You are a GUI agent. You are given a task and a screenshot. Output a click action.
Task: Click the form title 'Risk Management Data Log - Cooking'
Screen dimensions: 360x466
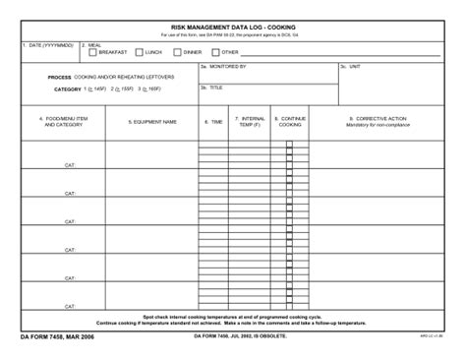233,27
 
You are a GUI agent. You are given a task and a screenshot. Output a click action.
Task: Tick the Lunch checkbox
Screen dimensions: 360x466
139,52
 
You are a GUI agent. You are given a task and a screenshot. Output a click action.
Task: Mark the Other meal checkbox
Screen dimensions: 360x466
215,52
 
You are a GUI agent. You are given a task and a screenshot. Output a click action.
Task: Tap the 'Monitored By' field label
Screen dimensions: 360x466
224,68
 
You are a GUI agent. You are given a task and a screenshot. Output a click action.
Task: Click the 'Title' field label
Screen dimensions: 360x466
215,88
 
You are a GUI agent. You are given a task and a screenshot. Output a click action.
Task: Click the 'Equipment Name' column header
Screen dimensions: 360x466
152,122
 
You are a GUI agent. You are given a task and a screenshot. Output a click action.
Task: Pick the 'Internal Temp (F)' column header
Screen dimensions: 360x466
253,122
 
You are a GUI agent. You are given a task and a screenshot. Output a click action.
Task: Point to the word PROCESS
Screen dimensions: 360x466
59,77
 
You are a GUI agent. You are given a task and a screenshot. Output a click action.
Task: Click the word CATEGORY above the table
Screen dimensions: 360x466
67,89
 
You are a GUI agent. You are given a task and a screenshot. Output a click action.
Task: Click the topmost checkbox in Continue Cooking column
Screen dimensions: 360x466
289,144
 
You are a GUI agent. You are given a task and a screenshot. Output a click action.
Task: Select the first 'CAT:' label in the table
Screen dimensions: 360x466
70,165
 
